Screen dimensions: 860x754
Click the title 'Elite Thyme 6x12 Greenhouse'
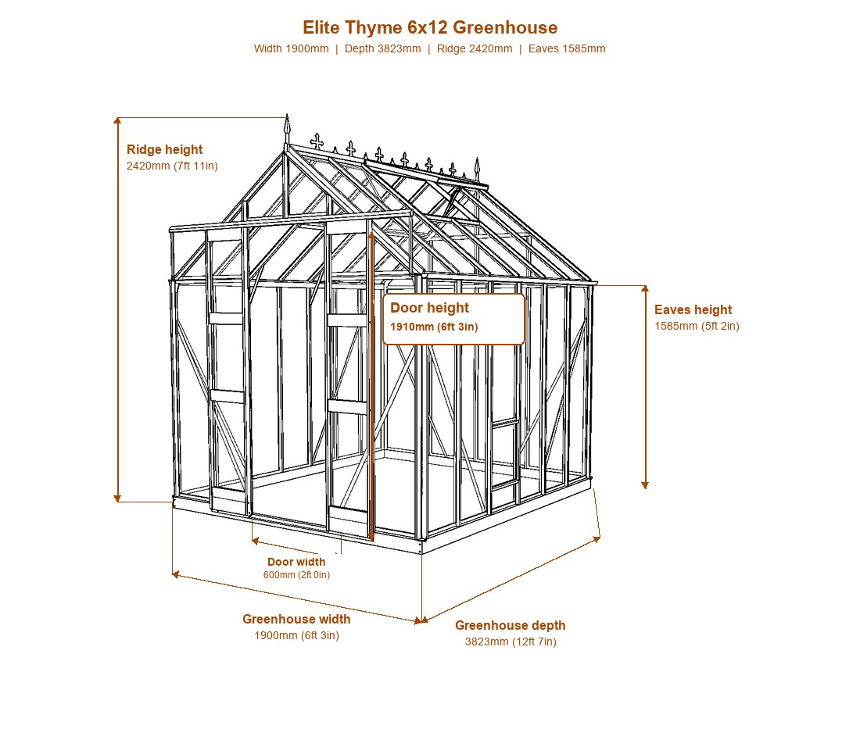430,27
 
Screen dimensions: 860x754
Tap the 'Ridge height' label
164,149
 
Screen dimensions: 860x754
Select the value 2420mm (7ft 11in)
172,166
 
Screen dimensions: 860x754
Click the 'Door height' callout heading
429,308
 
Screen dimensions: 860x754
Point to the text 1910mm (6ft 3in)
434,327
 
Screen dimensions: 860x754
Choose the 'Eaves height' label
693,309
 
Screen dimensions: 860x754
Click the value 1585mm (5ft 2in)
697,326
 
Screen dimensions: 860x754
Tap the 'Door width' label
296,562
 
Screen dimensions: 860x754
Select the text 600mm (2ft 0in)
297,575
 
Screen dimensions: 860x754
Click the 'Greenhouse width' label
296,619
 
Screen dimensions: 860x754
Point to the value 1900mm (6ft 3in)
297,636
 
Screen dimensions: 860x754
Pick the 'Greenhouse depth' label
510,625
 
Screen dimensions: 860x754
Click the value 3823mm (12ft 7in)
511,641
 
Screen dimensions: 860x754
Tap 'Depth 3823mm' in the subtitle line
383,48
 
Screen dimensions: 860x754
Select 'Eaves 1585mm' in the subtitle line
567,48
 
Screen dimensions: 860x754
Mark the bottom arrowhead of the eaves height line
645,486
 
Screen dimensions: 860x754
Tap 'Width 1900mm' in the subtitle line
292,48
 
